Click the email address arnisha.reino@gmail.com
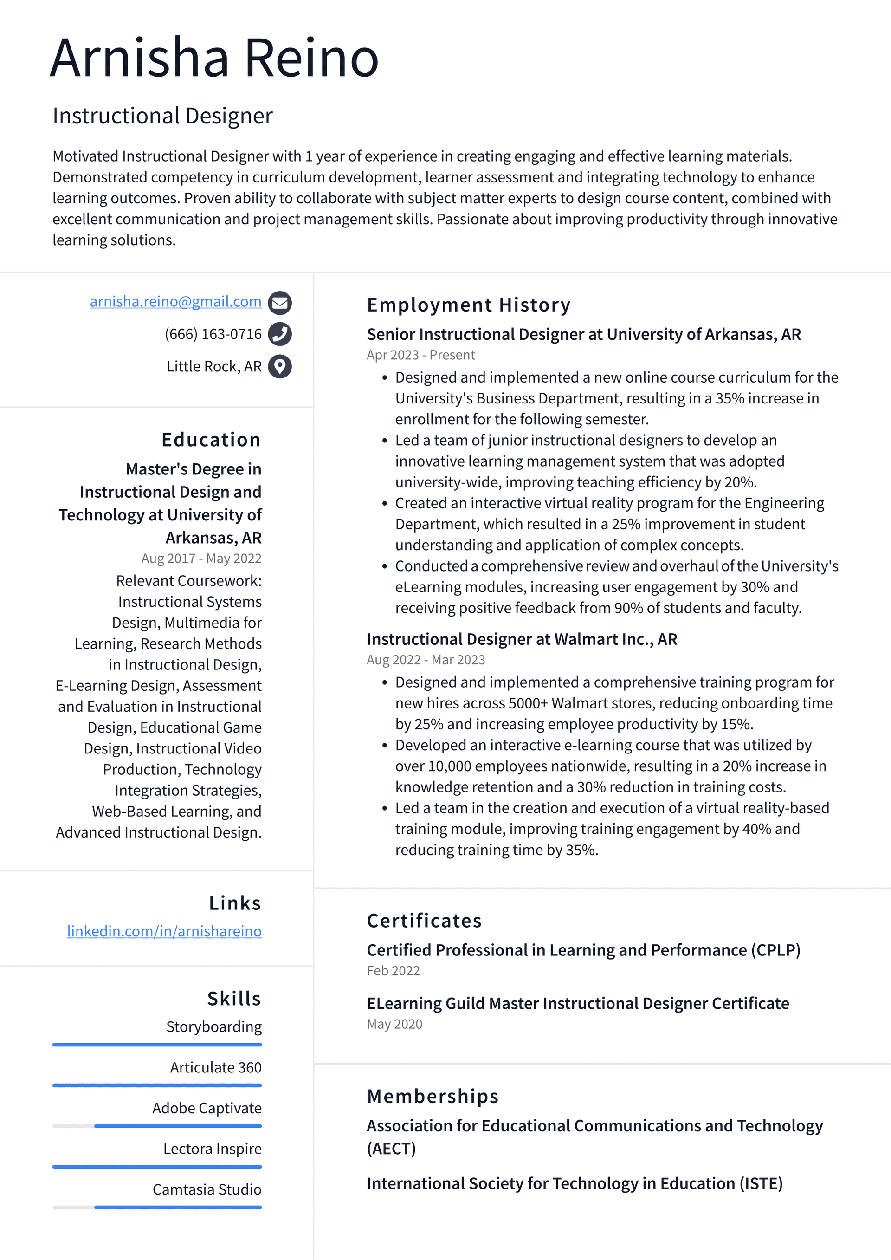(x=175, y=302)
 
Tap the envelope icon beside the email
(x=279, y=302)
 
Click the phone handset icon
(x=279, y=334)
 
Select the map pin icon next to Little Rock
(x=279, y=367)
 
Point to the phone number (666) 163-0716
(x=213, y=334)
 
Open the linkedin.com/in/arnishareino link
(x=164, y=931)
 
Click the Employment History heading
(x=469, y=305)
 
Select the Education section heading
(x=211, y=440)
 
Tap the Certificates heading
(x=424, y=921)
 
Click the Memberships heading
(x=433, y=1097)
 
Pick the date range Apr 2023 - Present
(x=420, y=355)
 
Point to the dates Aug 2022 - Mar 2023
(x=426, y=660)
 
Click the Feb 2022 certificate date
(x=393, y=971)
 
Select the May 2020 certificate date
(x=394, y=1024)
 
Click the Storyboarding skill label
(x=214, y=1027)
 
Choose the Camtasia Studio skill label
(x=207, y=1189)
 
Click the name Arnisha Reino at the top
(x=214, y=58)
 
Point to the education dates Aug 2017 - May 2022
(x=201, y=559)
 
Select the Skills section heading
(x=234, y=999)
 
